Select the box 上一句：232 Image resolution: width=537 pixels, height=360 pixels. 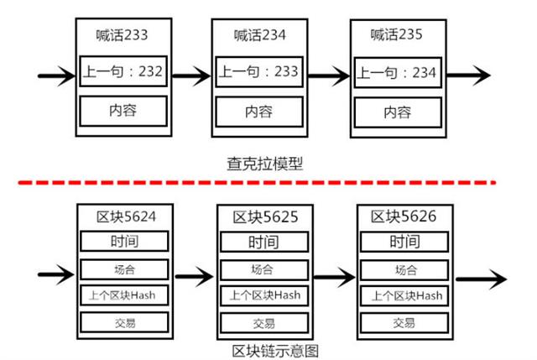tap(123, 70)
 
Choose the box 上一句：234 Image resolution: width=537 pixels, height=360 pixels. tap(397, 73)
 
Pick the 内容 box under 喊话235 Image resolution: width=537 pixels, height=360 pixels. tap(397, 112)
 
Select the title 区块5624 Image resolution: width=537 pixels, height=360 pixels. tap(123, 217)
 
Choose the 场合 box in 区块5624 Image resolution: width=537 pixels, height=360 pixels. tap(123, 269)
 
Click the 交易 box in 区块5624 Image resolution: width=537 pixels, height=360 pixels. tap(123, 322)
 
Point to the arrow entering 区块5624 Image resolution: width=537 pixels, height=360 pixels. tap(57, 274)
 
